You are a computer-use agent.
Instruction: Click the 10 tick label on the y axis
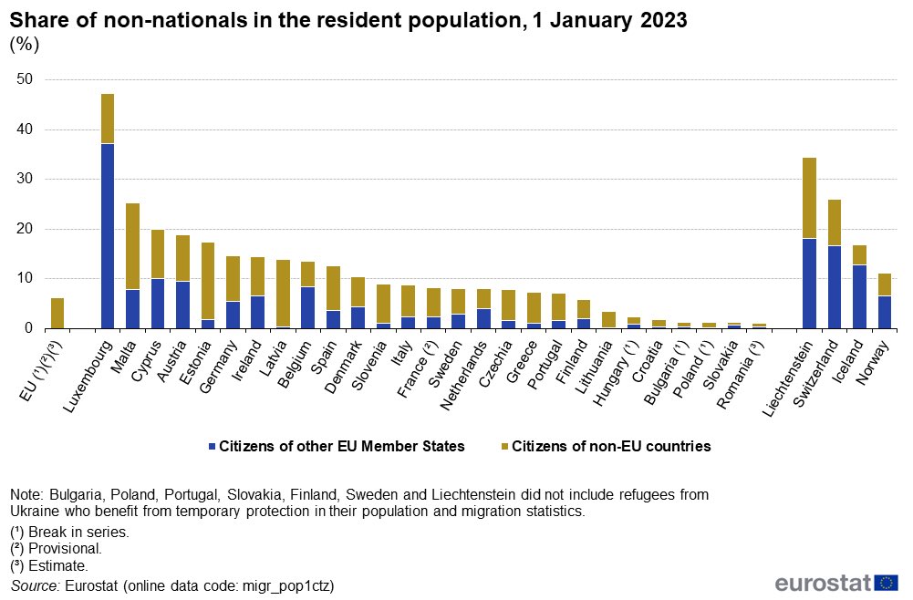(x=26, y=278)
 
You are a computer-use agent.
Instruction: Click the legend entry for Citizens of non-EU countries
(x=611, y=447)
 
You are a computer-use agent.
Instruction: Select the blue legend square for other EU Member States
(x=213, y=447)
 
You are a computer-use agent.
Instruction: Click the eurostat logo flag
(x=886, y=583)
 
